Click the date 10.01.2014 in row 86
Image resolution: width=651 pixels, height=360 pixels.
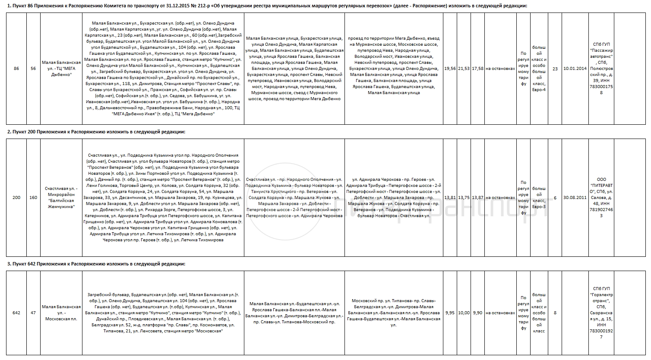point(575,69)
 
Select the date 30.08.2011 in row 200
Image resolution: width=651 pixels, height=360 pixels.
point(575,198)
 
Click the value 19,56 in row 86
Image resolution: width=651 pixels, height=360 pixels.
point(450,69)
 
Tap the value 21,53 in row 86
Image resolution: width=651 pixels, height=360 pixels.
point(464,69)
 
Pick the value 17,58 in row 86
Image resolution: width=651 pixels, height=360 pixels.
point(477,69)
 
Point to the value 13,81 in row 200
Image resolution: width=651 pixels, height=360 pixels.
point(450,197)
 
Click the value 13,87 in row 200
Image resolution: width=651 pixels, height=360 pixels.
point(477,197)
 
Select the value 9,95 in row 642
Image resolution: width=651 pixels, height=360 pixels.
point(450,313)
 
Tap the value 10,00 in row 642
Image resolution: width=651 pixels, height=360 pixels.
point(464,313)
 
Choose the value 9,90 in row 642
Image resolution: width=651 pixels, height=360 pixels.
point(477,313)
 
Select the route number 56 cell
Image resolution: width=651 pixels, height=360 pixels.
point(33,69)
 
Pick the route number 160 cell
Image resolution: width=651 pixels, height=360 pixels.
point(33,198)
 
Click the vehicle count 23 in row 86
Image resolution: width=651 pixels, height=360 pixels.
point(555,69)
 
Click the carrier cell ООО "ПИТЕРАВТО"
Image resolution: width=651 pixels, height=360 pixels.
point(601,197)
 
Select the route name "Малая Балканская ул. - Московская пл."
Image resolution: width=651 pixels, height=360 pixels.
point(61,313)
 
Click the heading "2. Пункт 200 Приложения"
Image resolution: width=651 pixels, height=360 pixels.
point(96,132)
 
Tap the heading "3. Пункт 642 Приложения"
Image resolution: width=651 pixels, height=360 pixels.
point(96,263)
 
